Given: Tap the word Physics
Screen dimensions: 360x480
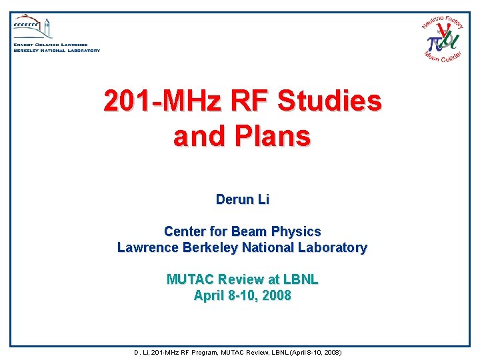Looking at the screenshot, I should tap(295, 231).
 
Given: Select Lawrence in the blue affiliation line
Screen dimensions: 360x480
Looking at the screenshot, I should tap(144, 247).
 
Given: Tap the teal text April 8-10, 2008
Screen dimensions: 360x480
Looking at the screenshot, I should tap(242, 295).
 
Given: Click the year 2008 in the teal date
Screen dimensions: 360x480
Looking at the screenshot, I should tap(275, 295).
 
